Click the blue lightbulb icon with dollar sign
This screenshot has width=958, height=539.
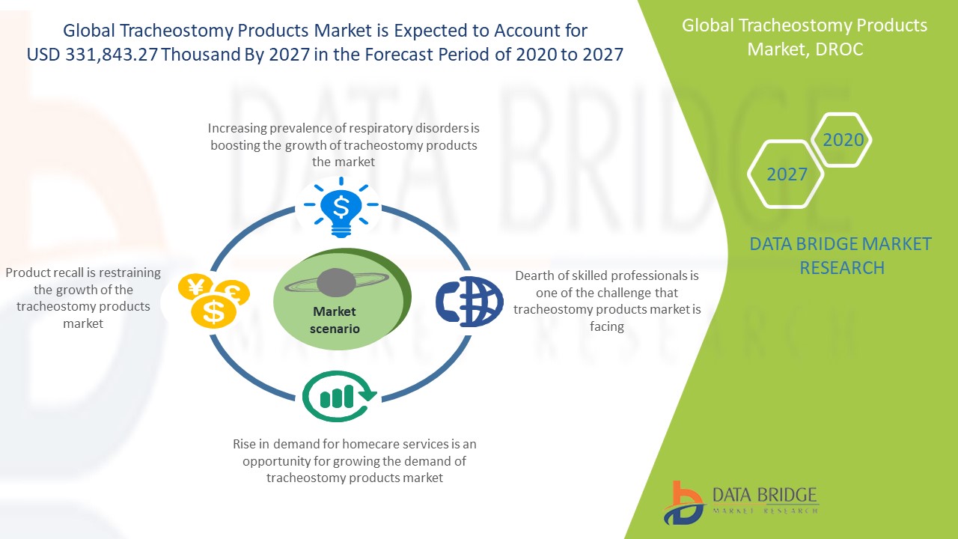point(341,207)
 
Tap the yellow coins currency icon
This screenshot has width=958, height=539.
point(214,301)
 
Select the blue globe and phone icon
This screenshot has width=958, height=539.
point(469,302)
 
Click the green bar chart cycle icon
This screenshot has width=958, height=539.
point(339,396)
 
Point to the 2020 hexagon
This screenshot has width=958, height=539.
point(841,140)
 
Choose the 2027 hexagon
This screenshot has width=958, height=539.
point(786,174)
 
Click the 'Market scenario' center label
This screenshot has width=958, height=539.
point(335,320)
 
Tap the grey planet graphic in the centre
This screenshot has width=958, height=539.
point(337,283)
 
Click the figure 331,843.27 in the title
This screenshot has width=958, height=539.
point(112,55)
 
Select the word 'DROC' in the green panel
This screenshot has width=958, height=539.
point(839,49)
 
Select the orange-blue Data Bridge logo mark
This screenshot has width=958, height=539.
point(683,503)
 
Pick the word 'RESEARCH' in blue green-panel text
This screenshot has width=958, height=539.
point(842,268)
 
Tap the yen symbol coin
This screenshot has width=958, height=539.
point(195,287)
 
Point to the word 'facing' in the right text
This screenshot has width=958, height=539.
point(606,327)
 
